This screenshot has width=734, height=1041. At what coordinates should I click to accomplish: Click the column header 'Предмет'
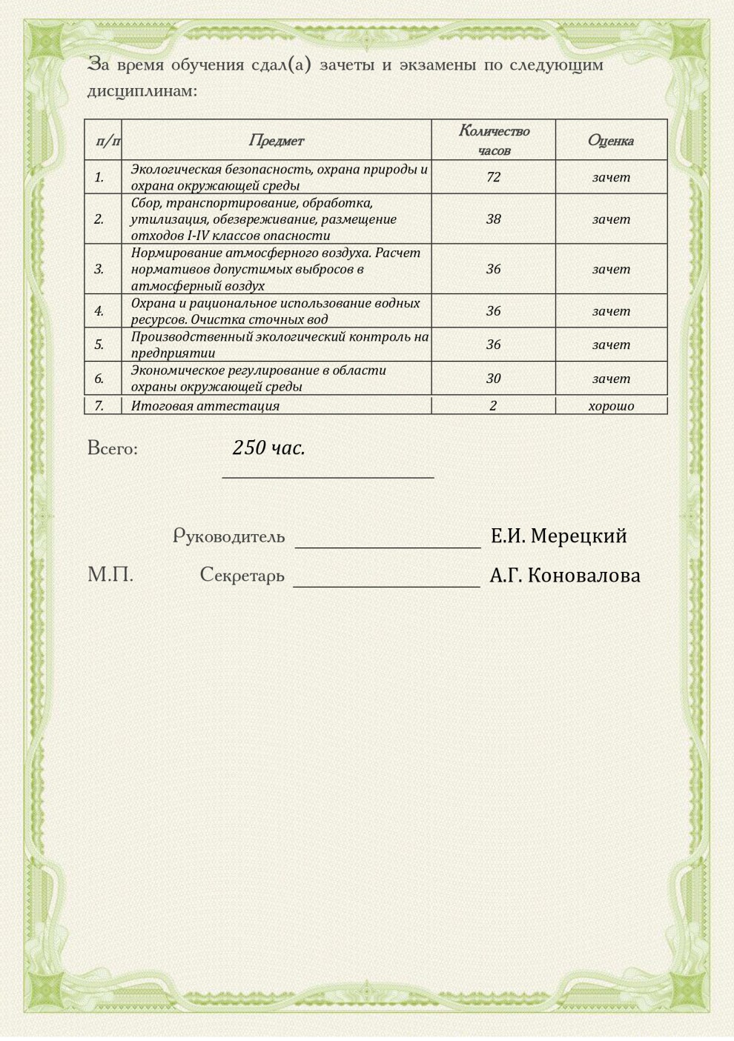click(x=276, y=141)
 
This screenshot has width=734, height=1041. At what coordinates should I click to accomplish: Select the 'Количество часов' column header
click(x=494, y=140)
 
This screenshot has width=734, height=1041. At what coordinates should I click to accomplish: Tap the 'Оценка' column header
click(x=610, y=141)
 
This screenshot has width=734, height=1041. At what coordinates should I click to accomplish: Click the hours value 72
click(x=493, y=177)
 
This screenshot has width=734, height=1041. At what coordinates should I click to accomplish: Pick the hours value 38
click(x=493, y=219)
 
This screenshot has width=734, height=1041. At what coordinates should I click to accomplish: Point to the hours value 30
click(x=493, y=379)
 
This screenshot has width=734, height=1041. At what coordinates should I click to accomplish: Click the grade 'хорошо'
click(x=611, y=406)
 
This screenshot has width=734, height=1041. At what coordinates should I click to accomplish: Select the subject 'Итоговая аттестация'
click(x=205, y=406)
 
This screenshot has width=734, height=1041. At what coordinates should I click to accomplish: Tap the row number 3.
click(x=99, y=269)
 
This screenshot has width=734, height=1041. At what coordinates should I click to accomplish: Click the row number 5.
click(x=99, y=345)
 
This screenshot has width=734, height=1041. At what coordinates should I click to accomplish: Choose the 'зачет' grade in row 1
click(x=611, y=177)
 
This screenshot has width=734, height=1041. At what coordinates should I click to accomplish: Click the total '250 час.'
click(x=268, y=448)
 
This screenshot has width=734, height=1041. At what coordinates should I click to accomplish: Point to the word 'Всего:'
click(x=113, y=448)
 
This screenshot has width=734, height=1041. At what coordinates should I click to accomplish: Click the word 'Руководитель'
click(x=228, y=536)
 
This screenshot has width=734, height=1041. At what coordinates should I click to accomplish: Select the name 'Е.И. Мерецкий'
click(x=558, y=536)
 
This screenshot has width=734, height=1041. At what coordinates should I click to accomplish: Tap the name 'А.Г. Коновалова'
click(x=565, y=576)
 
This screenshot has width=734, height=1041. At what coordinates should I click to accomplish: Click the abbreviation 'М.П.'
click(x=110, y=575)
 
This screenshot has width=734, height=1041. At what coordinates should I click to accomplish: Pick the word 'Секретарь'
click(x=242, y=576)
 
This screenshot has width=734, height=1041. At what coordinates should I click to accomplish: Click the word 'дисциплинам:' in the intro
click(x=142, y=92)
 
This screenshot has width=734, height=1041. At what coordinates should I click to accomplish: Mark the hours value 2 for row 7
click(x=493, y=406)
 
